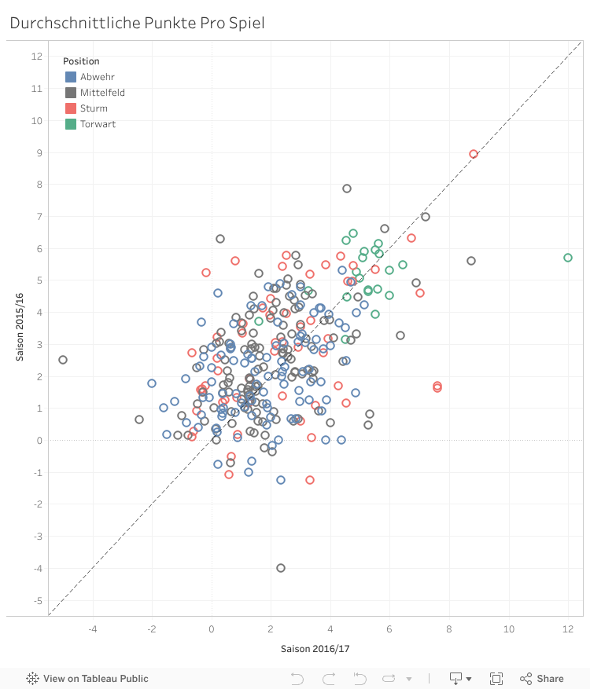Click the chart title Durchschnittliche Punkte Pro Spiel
click(137, 23)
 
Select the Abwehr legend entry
click(94, 77)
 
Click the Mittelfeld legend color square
click(71, 93)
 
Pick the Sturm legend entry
click(94, 108)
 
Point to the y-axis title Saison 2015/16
click(21, 328)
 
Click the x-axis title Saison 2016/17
click(315, 649)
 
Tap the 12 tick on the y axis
click(37, 57)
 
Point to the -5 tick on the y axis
click(37, 601)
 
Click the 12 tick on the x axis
click(568, 629)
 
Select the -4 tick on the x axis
click(93, 629)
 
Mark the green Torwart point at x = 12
click(568, 258)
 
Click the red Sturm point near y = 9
click(474, 154)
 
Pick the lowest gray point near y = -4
click(281, 568)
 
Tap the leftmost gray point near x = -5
click(63, 360)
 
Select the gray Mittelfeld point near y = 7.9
click(347, 189)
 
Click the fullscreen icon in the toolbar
click(496, 679)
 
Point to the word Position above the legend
click(81, 61)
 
